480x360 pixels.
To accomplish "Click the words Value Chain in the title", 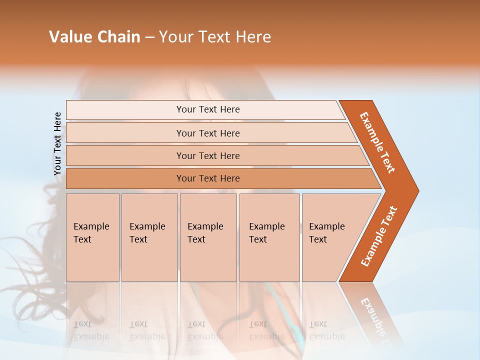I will [94, 37].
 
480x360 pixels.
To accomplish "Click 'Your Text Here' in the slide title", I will [215, 37].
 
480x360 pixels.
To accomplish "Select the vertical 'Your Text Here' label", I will [57, 144].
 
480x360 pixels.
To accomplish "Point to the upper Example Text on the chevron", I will [377, 142].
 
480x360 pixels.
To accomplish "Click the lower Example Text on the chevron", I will [379, 236].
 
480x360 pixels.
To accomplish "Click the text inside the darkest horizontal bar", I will [208, 178].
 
